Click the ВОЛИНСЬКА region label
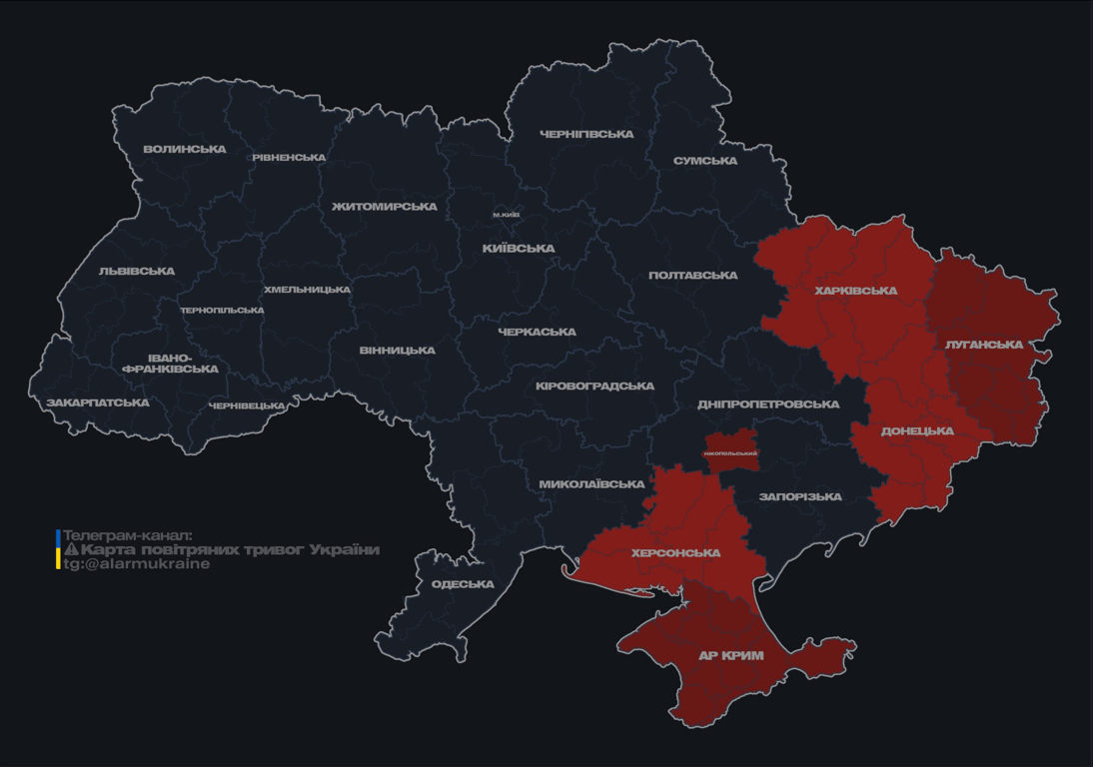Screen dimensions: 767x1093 (185, 150)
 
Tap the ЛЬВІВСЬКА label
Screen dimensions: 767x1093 (137, 272)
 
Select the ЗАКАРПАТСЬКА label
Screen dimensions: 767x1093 (98, 403)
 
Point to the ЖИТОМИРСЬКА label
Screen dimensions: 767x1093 (385, 207)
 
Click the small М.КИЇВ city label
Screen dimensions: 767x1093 (507, 216)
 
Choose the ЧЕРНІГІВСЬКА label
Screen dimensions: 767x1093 (586, 134)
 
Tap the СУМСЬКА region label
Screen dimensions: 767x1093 (705, 161)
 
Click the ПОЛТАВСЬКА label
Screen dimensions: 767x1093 (693, 276)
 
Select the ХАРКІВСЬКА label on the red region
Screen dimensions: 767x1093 (856, 292)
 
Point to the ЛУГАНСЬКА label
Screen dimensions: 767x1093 (984, 345)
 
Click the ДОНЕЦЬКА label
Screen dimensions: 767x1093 (917, 431)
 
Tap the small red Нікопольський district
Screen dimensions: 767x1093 (730, 448)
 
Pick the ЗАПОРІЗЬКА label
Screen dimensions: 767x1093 (800, 496)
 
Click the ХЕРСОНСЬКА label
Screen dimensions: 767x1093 (676, 553)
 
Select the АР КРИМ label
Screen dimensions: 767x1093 (730, 656)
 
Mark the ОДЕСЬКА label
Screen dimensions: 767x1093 (464, 584)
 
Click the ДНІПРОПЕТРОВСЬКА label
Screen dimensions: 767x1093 (768, 404)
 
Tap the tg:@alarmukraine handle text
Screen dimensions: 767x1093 (137, 564)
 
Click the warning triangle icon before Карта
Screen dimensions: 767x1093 (71, 550)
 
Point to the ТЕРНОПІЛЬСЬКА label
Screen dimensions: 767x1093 (222, 311)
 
